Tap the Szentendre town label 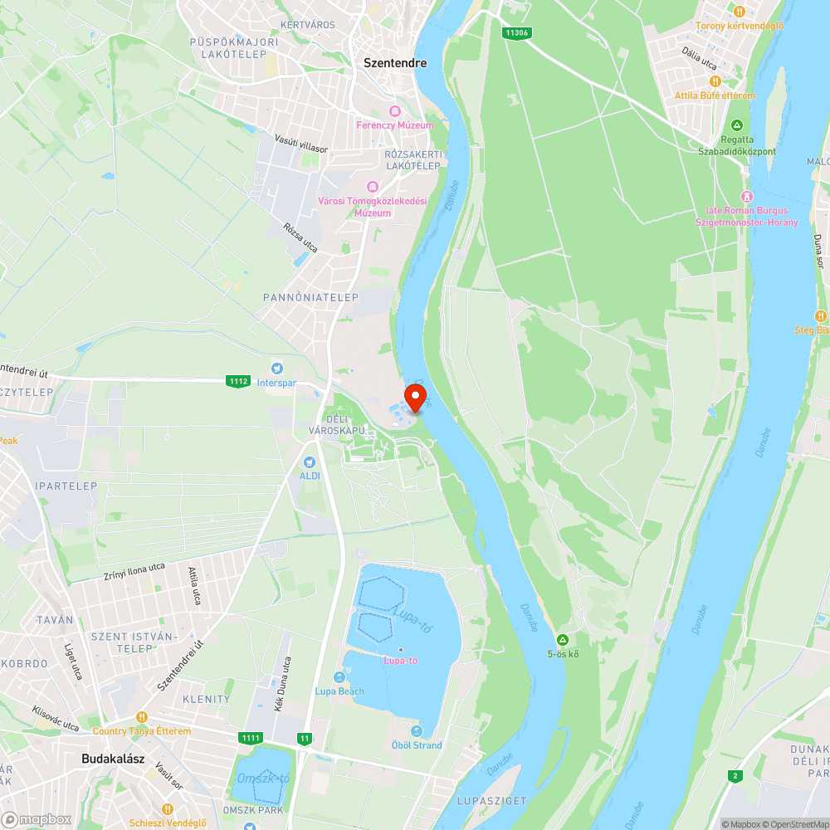click(x=395, y=62)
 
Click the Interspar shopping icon click(x=277, y=368)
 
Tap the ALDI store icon click(x=309, y=461)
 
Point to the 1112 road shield click(x=238, y=381)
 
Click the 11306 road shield click(x=515, y=33)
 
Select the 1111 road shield click(x=250, y=738)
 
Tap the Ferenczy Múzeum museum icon click(x=394, y=111)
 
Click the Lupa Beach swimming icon click(x=339, y=678)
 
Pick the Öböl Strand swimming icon click(x=416, y=731)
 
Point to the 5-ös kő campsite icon click(x=563, y=640)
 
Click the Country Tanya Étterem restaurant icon click(x=142, y=717)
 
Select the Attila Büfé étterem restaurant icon click(x=715, y=81)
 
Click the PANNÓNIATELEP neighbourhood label click(x=310, y=297)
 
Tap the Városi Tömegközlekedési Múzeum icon click(x=372, y=186)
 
